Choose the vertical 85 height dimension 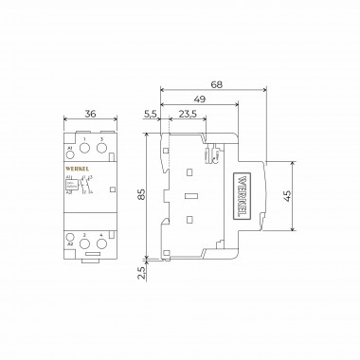point(140,196)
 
